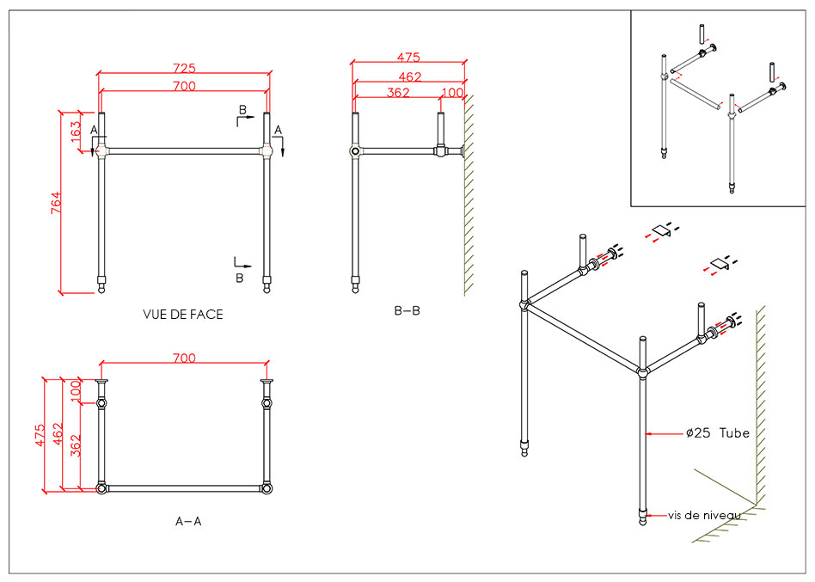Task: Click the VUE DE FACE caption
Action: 182,315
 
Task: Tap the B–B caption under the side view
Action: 407,311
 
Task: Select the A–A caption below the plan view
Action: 188,521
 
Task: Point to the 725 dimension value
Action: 184,68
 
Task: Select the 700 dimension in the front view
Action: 184,85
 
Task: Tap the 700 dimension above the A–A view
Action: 184,358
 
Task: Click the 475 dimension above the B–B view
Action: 408,58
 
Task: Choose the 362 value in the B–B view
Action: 398,93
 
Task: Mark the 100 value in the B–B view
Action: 452,93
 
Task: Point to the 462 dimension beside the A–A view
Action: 57,434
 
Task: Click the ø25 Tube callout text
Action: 718,433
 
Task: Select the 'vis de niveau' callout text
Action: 704,515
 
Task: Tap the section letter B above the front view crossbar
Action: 242,111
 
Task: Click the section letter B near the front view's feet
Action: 240,278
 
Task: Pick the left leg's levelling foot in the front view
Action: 102,286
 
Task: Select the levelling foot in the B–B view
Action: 355,286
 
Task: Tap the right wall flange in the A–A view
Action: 267,382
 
